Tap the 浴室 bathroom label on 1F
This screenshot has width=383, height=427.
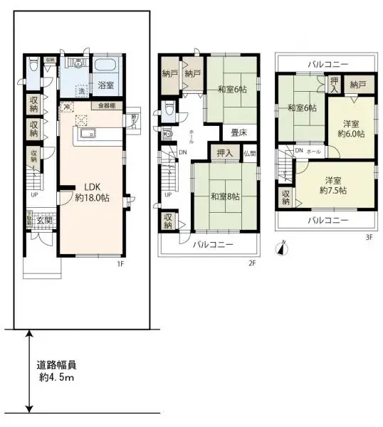point(105,86)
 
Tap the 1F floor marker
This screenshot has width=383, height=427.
point(120,264)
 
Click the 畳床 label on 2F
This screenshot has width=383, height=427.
point(238,132)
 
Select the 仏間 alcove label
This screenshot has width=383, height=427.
point(248,153)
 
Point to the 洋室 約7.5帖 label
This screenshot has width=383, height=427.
point(332,186)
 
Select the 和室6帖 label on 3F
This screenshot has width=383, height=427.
point(302,108)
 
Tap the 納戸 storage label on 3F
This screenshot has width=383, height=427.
point(357,84)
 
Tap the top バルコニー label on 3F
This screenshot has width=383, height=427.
point(327,64)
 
